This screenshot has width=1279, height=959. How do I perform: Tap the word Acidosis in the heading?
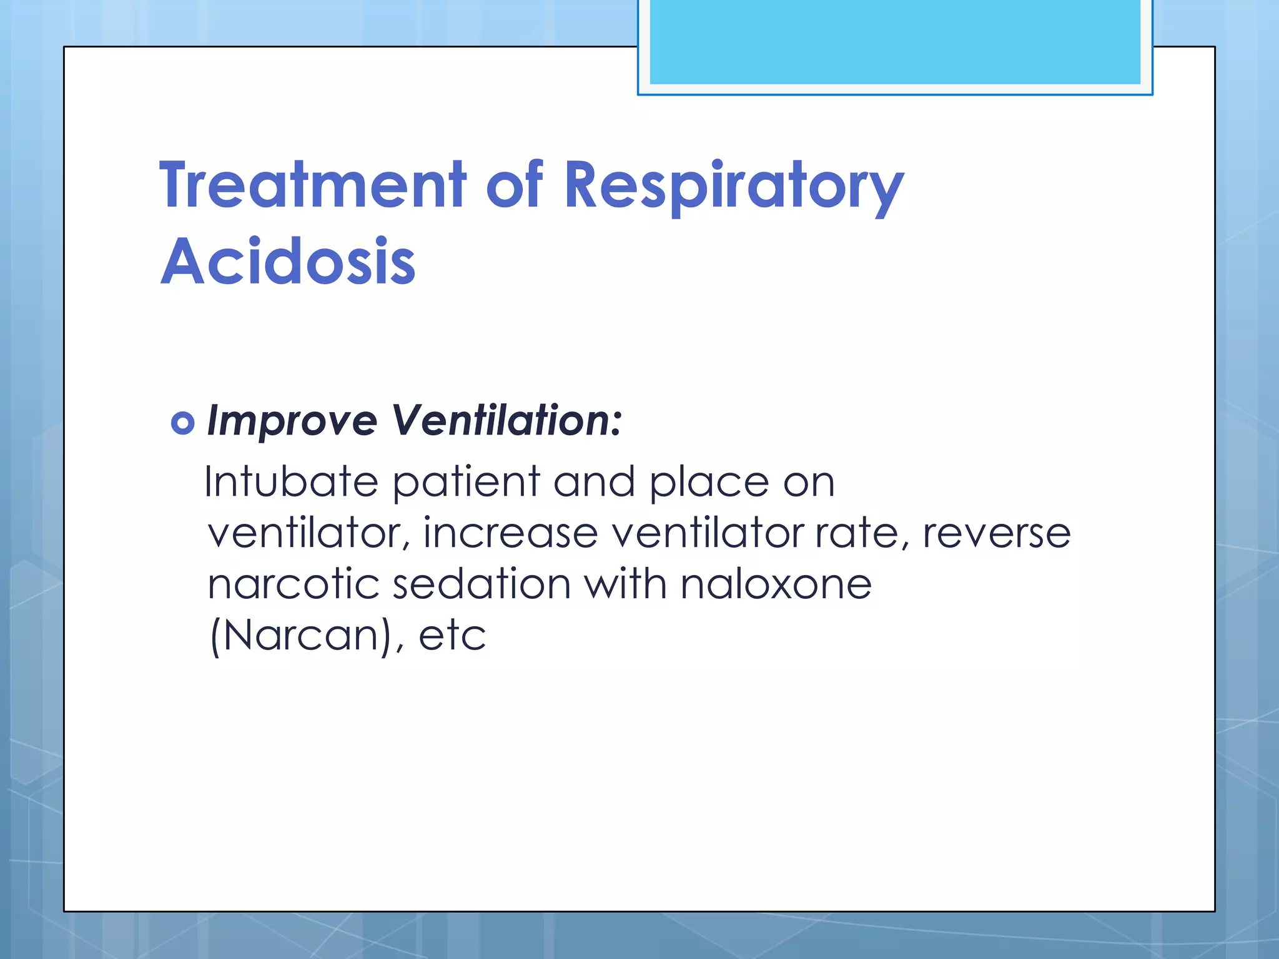[288, 262]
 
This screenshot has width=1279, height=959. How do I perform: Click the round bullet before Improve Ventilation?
[182, 423]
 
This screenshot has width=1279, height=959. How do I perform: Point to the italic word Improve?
[292, 421]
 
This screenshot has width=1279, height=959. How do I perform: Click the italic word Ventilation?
[506, 421]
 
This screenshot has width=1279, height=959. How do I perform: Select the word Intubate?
[291, 482]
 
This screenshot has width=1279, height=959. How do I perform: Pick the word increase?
[510, 533]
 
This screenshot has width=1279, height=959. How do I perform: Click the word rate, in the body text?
[862, 533]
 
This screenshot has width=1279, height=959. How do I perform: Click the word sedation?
[481, 584]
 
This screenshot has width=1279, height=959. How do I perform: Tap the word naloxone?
[776, 584]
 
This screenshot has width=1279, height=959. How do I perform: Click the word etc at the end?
[452, 636]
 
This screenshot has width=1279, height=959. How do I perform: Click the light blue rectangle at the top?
[894, 42]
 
